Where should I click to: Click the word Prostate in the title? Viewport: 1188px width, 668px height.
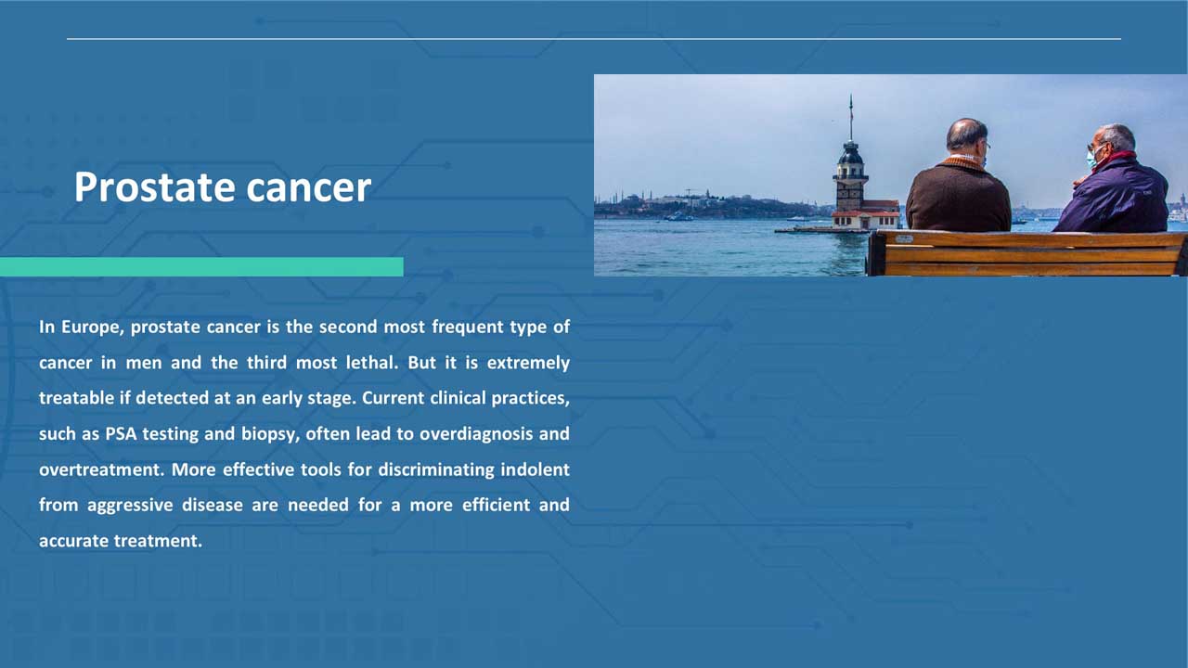154,187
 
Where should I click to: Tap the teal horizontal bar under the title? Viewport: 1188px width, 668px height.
201,266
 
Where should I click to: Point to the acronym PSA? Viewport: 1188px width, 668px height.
121,434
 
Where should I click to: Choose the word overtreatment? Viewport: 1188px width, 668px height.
101,469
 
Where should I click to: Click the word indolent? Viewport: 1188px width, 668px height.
536,469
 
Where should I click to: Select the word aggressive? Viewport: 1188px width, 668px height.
130,506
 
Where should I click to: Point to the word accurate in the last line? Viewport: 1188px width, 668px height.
73,541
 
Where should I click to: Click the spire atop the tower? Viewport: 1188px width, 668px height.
851,118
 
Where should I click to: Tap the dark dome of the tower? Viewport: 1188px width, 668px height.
851,154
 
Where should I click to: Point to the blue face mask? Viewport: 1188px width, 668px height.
1091,159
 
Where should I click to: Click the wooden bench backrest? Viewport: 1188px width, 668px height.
1027,253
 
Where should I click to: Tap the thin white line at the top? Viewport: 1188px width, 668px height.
594,39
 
